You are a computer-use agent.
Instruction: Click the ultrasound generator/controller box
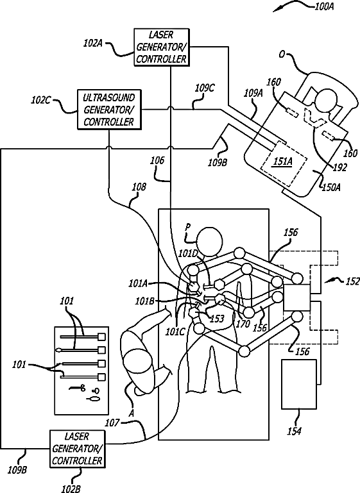[x=109, y=110]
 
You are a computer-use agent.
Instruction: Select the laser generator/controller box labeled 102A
[x=162, y=47]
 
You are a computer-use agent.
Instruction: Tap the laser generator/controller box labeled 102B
[x=78, y=449]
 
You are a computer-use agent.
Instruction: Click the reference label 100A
[x=324, y=6]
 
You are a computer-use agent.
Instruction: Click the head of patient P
[x=210, y=242]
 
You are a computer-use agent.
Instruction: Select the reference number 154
[x=295, y=431]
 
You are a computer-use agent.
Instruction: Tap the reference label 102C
[x=41, y=100]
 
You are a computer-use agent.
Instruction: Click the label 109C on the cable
[x=205, y=88]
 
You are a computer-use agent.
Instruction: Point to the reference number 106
[x=157, y=160]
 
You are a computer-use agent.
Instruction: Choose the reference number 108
[x=139, y=187]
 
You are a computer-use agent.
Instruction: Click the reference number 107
[x=112, y=422]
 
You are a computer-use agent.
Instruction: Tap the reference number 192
[x=339, y=167]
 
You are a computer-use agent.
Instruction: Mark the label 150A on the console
[x=330, y=187]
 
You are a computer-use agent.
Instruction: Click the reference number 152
[x=352, y=281]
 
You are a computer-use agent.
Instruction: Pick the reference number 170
[x=244, y=323]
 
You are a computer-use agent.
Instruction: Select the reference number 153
[x=217, y=319]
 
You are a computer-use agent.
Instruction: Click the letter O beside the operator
[x=282, y=54]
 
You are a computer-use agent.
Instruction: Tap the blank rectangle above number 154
[x=299, y=384]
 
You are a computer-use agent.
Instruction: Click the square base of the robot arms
[x=297, y=297]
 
